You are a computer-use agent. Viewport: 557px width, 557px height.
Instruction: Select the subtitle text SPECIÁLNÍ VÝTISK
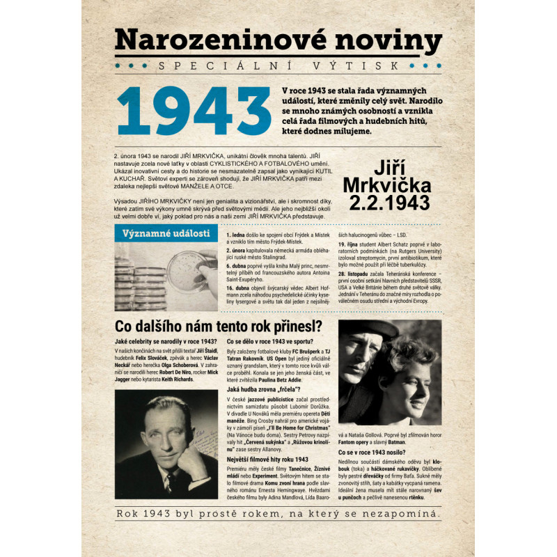point(278,66)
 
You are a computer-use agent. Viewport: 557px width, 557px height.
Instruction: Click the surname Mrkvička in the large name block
point(386,185)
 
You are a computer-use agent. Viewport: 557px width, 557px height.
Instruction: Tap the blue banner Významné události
point(166,233)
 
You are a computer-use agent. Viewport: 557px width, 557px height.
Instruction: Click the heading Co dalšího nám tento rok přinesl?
point(218,327)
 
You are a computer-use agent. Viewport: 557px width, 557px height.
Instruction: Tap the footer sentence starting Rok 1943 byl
point(278,514)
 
